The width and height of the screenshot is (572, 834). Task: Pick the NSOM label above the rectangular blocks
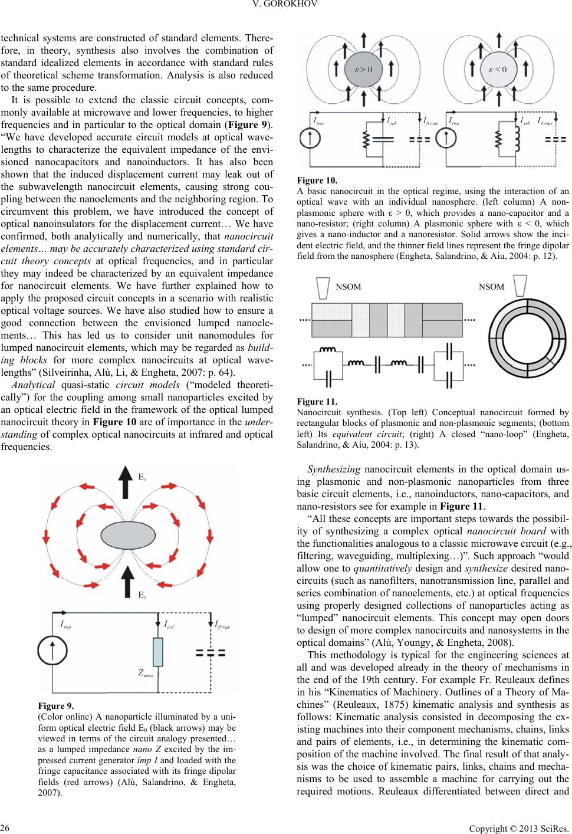tap(348, 287)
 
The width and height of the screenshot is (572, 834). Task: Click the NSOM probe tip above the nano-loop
tap(520, 285)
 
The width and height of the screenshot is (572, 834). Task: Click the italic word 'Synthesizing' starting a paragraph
tap(334, 469)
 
